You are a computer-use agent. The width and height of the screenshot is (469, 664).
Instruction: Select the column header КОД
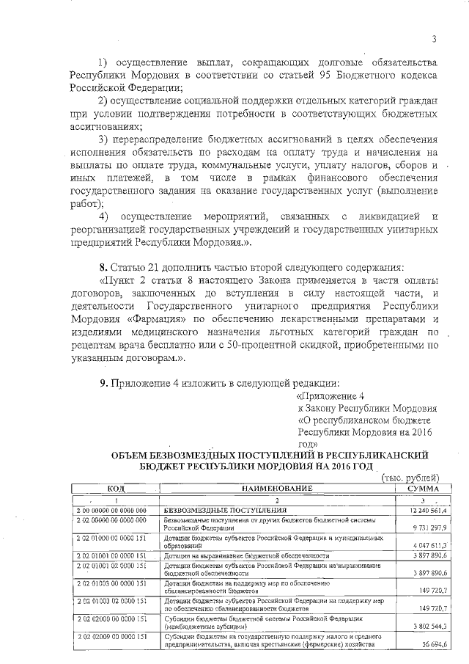click(115, 489)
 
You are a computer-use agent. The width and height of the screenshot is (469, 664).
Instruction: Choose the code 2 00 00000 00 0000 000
click(111, 510)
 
